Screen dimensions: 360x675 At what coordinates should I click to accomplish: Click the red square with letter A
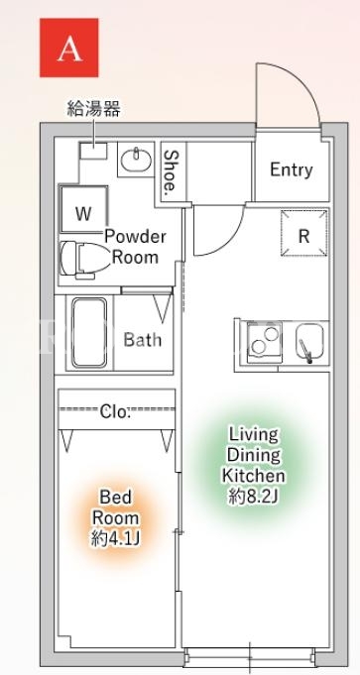pos(68,48)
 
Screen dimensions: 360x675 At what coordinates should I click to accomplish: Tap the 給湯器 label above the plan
pos(93,109)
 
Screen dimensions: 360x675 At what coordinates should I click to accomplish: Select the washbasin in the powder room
pos(136,161)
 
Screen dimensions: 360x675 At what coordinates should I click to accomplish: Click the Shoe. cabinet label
pos(171,170)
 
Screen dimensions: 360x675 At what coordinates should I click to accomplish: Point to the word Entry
pos(292,169)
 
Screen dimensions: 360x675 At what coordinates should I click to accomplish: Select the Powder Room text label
pos(135,247)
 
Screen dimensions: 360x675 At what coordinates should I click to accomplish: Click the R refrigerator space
pos(304,233)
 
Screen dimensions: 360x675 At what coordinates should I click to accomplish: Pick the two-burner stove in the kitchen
pos(264,340)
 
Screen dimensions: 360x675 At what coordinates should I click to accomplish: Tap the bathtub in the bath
pos(88,332)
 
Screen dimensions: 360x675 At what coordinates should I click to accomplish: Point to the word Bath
pos(143,340)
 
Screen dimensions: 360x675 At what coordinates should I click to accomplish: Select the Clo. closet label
pos(114,412)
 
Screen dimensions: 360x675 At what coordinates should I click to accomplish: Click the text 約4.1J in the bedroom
pos(116,538)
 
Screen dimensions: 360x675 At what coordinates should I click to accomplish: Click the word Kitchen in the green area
pos(253,475)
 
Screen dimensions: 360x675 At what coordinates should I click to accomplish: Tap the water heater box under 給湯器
pos(93,151)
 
